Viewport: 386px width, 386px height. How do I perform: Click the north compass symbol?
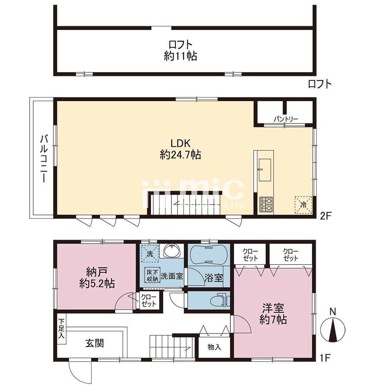point(333,330)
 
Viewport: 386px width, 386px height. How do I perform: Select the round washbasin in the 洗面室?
point(172,251)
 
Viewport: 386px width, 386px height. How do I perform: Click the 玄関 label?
point(95,343)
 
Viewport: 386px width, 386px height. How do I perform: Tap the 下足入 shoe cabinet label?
point(61,328)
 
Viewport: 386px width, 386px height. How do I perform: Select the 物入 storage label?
point(214,347)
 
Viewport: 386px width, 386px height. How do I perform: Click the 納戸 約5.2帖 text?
point(97,278)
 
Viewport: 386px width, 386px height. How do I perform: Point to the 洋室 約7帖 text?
point(273,314)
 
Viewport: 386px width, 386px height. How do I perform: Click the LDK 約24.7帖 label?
point(180,149)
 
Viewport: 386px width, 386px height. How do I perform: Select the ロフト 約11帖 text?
point(180,51)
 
